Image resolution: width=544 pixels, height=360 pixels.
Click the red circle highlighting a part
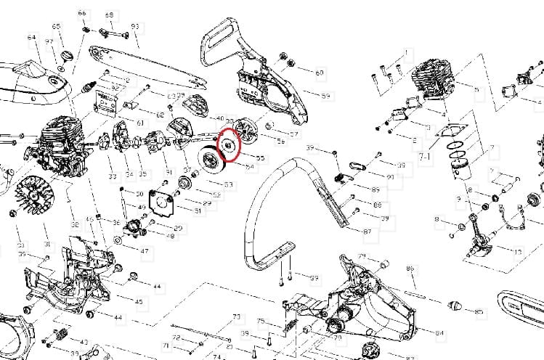pyautogui.click(x=228, y=144)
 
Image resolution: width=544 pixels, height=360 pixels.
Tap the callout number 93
pyautogui.click(x=135, y=27)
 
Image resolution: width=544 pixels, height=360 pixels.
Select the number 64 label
pyautogui.click(x=31, y=38)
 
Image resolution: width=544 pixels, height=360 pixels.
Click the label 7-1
pyautogui.click(x=425, y=156)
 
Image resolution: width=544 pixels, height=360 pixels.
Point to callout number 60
pyautogui.click(x=320, y=73)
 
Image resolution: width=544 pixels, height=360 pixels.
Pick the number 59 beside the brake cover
pyautogui.click(x=325, y=96)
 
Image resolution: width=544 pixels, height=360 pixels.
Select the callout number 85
pyautogui.click(x=479, y=312)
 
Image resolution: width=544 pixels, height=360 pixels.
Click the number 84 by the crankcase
pyautogui.click(x=439, y=333)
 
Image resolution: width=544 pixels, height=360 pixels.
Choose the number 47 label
pyautogui.click(x=145, y=251)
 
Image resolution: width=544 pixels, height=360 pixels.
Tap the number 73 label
pyautogui.click(x=236, y=316)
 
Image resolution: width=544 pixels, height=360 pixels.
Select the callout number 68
pyautogui.click(x=109, y=15)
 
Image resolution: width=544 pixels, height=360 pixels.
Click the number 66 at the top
pyautogui.click(x=81, y=14)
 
